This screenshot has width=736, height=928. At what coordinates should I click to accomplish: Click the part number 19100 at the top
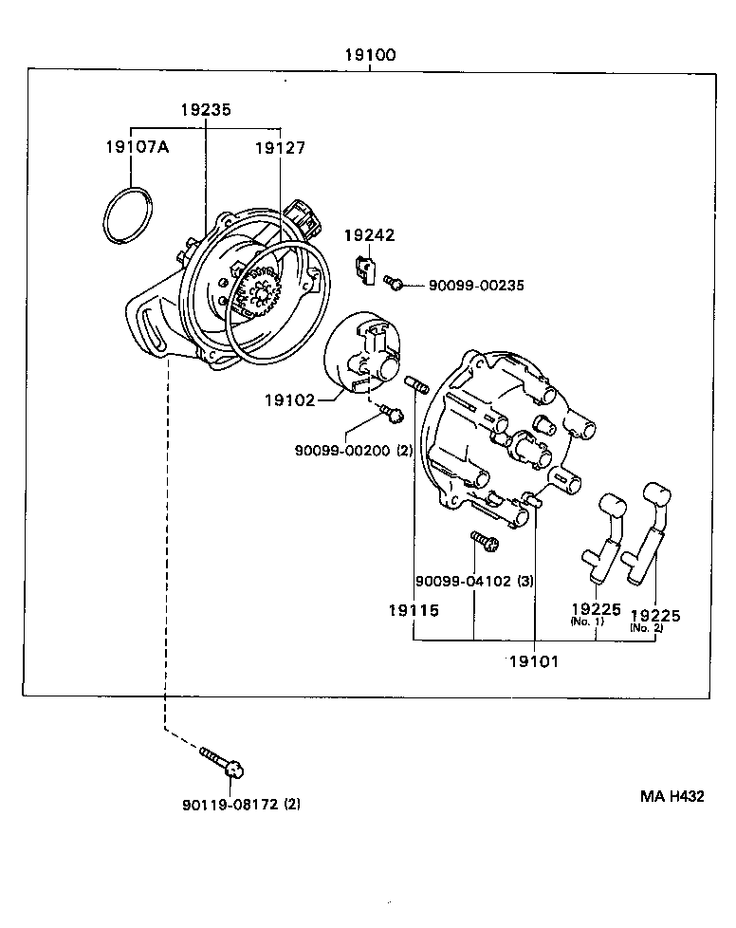click(370, 55)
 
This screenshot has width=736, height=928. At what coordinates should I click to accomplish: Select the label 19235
click(206, 110)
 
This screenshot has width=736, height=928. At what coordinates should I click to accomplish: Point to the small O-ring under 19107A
click(126, 216)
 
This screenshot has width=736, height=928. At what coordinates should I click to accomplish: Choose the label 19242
click(369, 235)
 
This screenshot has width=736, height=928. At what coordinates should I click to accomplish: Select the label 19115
click(413, 610)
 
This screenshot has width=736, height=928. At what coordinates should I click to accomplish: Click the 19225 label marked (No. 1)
click(596, 610)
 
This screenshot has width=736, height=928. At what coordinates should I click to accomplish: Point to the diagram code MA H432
click(670, 797)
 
